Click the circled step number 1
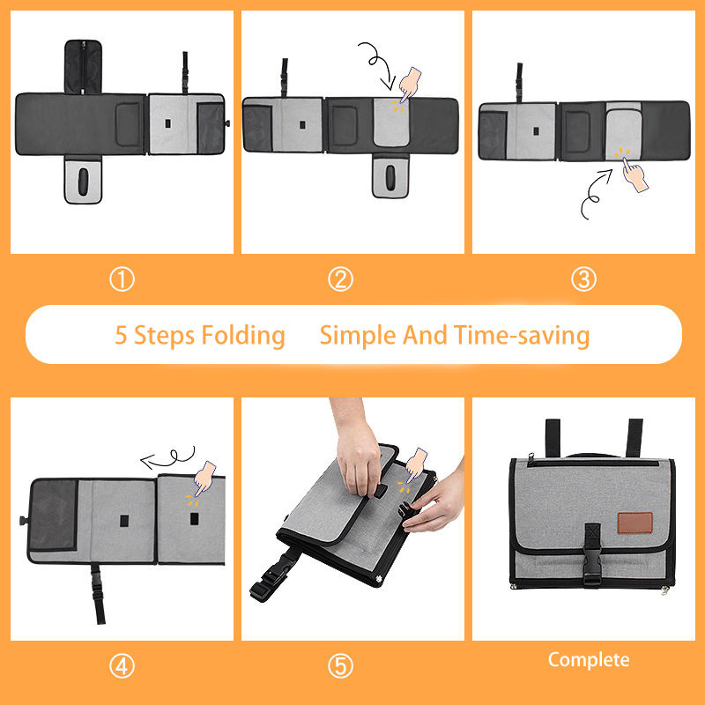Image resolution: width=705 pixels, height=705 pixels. pyautogui.click(x=122, y=279)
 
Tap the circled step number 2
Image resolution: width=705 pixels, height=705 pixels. pyautogui.click(x=340, y=279)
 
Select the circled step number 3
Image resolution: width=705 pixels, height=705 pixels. pyautogui.click(x=583, y=279)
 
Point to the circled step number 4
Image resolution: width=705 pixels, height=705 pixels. pyautogui.click(x=122, y=666)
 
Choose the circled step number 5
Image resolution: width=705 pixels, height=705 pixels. pyautogui.click(x=340, y=666)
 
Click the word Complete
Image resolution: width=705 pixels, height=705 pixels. pyautogui.click(x=589, y=660)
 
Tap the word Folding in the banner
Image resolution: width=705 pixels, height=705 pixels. pyautogui.click(x=243, y=336)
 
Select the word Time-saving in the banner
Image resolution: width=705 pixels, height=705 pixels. pyautogui.click(x=522, y=336)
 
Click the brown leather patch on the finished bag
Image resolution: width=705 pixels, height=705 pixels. pyautogui.click(x=634, y=523)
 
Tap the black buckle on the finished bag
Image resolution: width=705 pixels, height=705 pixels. pyautogui.click(x=592, y=554)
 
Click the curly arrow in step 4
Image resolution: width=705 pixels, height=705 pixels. pyautogui.click(x=168, y=458)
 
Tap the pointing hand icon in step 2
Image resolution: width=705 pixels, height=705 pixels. pyautogui.click(x=409, y=84)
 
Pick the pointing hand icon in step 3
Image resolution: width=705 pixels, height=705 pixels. pyautogui.click(x=634, y=174)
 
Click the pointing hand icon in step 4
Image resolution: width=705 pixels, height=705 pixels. pyautogui.click(x=204, y=479)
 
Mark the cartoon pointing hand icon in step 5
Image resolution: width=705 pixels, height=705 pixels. pyautogui.click(x=416, y=465)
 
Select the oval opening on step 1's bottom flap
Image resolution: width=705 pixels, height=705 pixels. pyautogui.click(x=83, y=182)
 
